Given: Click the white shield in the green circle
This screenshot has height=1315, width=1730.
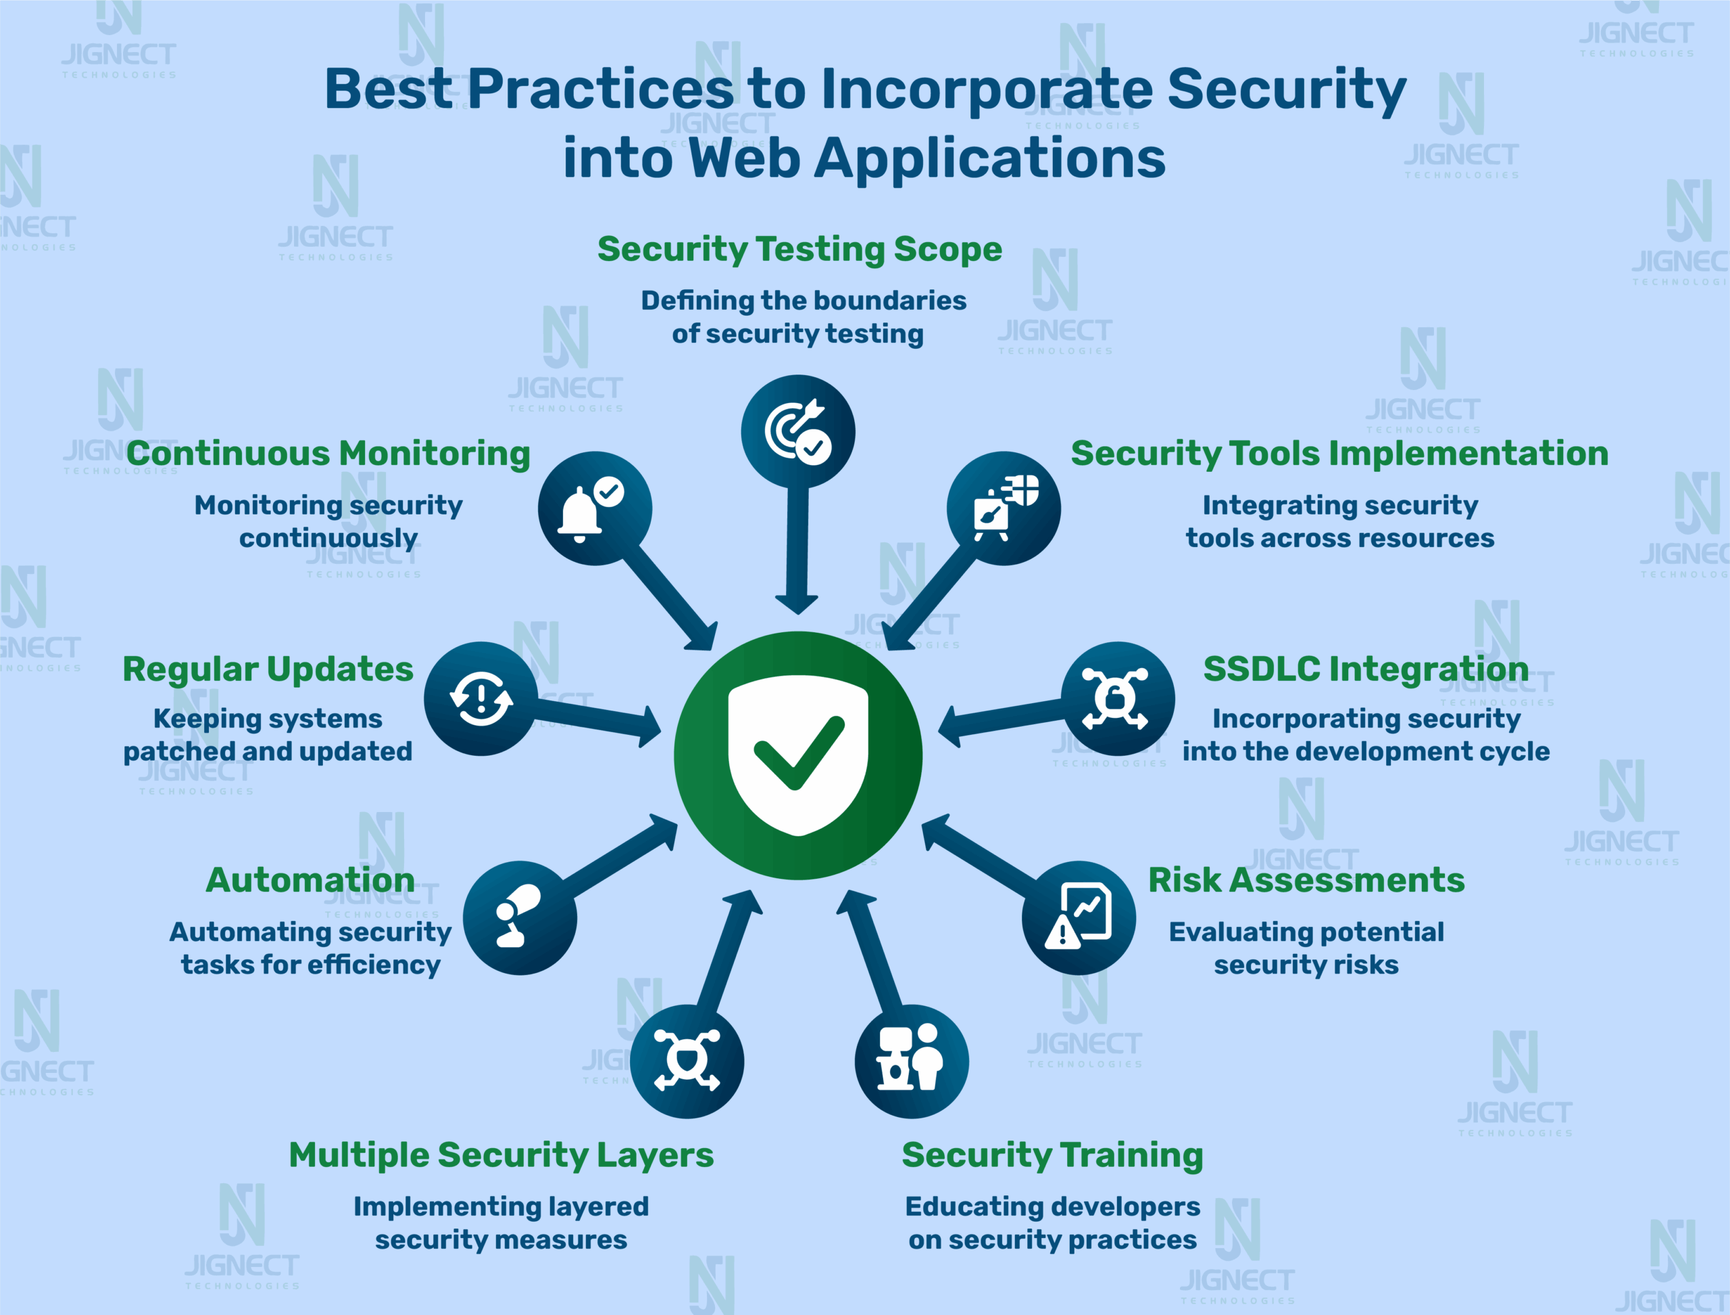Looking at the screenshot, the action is click(x=797, y=755).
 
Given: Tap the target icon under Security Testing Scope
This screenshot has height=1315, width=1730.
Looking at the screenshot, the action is click(x=797, y=431).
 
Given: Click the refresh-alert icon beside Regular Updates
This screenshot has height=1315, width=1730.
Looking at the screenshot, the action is click(x=481, y=698).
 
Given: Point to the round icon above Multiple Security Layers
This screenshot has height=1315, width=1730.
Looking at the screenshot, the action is click(x=687, y=1061).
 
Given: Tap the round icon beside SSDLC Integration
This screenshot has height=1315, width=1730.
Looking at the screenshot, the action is click(x=1117, y=698).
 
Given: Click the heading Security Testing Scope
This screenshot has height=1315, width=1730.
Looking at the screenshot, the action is click(x=799, y=249).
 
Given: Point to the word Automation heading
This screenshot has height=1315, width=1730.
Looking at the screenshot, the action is click(x=310, y=880).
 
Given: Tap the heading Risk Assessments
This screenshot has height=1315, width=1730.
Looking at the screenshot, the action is click(x=1306, y=880).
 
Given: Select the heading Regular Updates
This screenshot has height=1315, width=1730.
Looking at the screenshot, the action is click(x=268, y=670).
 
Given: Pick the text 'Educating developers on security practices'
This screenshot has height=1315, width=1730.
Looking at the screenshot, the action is click(x=1052, y=1222).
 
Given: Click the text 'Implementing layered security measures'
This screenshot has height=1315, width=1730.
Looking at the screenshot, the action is click(x=501, y=1222).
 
